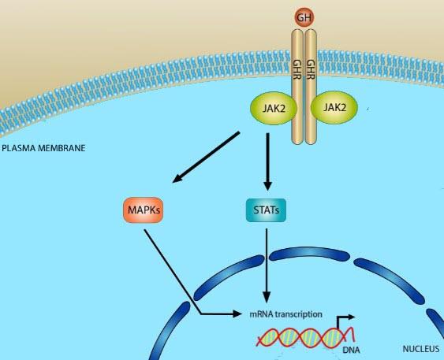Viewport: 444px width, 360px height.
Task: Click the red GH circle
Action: click(x=304, y=17)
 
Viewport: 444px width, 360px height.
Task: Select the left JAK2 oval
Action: click(x=274, y=108)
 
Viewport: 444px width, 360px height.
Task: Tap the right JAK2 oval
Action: click(x=334, y=107)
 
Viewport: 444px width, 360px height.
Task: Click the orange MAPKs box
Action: click(x=144, y=210)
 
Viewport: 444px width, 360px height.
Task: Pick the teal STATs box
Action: click(x=266, y=210)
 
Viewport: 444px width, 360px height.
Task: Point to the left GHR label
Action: click(x=297, y=69)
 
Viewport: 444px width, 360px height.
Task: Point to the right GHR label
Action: click(x=312, y=69)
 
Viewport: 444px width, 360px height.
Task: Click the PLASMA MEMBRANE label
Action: click(x=43, y=148)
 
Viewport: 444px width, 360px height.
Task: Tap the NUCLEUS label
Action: click(x=421, y=349)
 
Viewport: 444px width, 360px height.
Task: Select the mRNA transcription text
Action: click(x=285, y=314)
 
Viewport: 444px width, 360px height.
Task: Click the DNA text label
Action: click(x=351, y=350)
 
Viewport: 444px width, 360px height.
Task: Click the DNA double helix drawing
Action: click(x=306, y=337)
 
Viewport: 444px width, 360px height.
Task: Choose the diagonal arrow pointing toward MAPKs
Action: click(x=206, y=158)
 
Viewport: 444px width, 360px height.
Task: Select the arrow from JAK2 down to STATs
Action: click(x=267, y=161)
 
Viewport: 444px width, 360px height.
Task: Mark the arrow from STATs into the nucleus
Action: click(x=267, y=265)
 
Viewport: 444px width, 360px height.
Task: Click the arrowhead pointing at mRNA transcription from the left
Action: click(x=237, y=314)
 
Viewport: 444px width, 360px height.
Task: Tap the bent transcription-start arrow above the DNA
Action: click(x=345, y=321)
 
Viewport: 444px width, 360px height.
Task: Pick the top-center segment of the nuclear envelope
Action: click(x=309, y=254)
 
